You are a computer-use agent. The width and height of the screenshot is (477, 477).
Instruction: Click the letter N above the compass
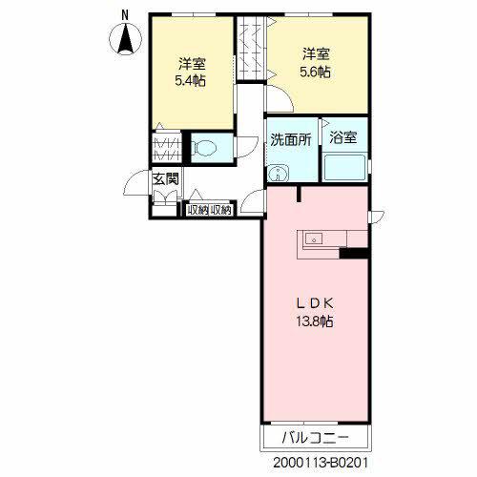pyautogui.click(x=125, y=13)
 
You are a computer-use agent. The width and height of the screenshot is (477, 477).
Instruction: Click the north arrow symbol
pyautogui.click(x=125, y=40)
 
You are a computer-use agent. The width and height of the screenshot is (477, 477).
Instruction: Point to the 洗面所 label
pyautogui.click(x=290, y=139)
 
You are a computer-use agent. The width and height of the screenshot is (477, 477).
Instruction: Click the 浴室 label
pyautogui.click(x=343, y=138)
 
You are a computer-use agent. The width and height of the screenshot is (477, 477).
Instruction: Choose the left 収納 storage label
pyautogui.click(x=198, y=210)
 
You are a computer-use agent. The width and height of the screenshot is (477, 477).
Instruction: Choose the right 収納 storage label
pyautogui.click(x=220, y=210)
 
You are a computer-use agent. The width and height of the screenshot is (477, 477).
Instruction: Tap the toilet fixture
pyautogui.click(x=204, y=148)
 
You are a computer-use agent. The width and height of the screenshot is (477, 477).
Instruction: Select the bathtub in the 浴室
pyautogui.click(x=343, y=169)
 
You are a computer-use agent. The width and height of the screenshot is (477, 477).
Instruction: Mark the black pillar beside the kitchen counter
pyautogui.click(x=354, y=253)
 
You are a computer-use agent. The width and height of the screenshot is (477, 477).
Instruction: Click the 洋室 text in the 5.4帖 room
pyautogui.click(x=192, y=65)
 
